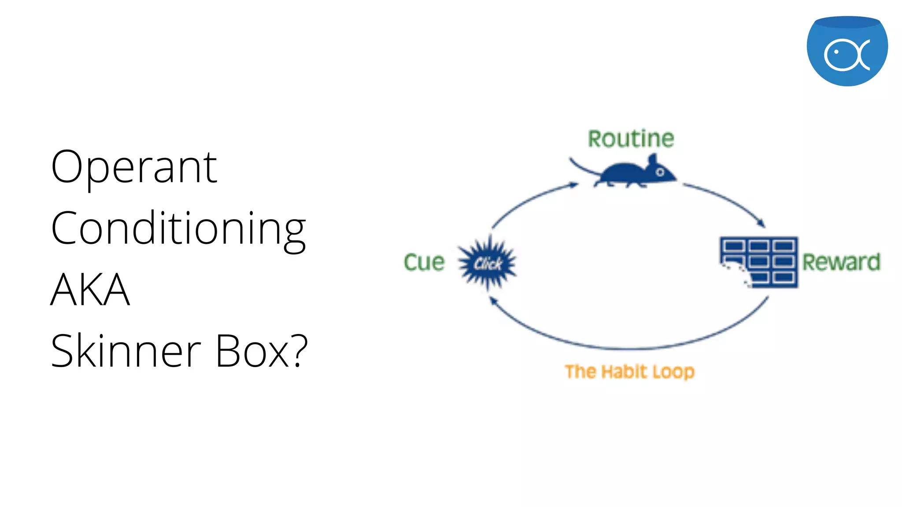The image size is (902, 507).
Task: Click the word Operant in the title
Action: (x=134, y=167)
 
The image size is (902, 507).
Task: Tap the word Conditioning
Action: (x=178, y=229)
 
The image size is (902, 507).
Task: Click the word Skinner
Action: (x=126, y=351)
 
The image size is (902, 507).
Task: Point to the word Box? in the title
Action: (x=262, y=351)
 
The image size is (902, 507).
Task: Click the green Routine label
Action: (x=631, y=139)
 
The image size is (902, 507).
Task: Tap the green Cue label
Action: (x=424, y=262)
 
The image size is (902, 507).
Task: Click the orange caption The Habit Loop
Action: (x=630, y=372)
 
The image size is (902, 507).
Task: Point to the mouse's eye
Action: (x=660, y=172)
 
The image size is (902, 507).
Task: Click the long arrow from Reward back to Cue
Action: (x=630, y=348)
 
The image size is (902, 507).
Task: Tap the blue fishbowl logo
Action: (x=847, y=51)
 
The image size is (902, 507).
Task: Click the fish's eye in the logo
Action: (x=836, y=52)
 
